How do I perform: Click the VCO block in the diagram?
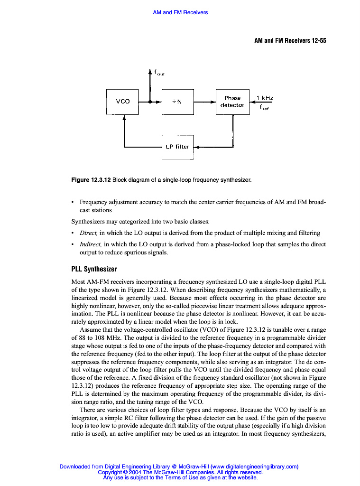pos(123,102)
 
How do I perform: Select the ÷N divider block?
pos(177,102)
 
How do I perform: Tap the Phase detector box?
pos(232,102)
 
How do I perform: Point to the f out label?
pos(159,73)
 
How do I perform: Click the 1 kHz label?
pos(265,98)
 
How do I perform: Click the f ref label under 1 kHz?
pos(265,107)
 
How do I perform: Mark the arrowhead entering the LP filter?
pos(197,147)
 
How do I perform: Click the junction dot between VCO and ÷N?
pos(150,102)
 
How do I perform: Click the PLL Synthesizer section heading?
pos(94,269)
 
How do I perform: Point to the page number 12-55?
pos(316,41)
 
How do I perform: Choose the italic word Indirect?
pos(91,244)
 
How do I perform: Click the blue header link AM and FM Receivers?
pos(180,12)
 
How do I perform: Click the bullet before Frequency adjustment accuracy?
pos(73,202)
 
